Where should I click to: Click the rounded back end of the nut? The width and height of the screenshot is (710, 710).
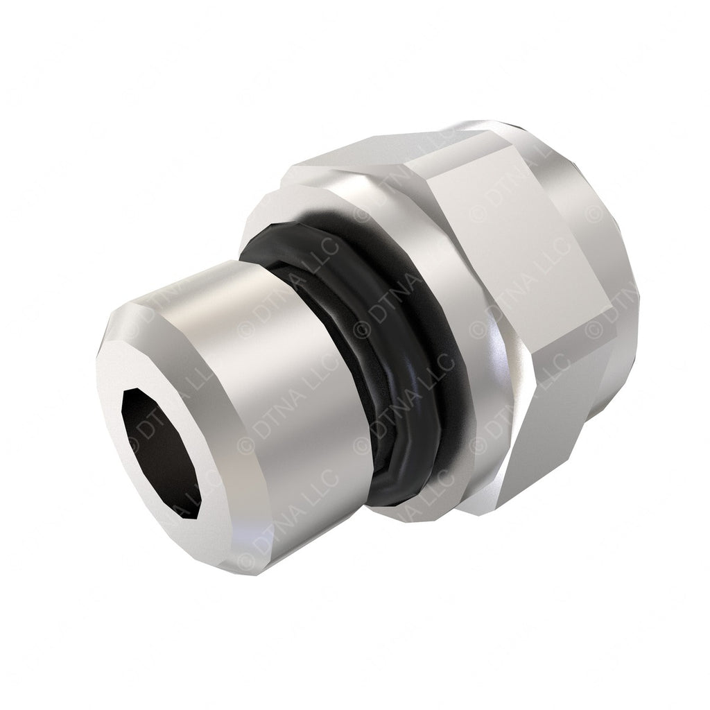click(x=624, y=277)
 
